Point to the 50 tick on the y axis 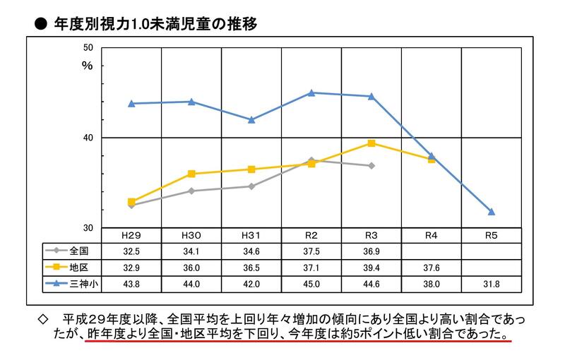click(x=88, y=48)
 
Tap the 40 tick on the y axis click(x=88, y=138)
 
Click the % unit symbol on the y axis click(x=88, y=65)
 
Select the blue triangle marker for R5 click(x=492, y=212)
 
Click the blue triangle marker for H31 click(x=251, y=119)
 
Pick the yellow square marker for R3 click(x=371, y=143)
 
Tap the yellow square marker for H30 click(x=191, y=174)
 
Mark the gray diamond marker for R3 click(x=371, y=165)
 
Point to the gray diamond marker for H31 click(x=251, y=186)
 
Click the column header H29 click(x=131, y=235)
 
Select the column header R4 click(x=432, y=235)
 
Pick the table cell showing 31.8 click(x=492, y=282)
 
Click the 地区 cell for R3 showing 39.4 click(x=371, y=266)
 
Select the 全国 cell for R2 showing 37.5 click(x=311, y=250)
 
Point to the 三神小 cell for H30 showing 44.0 click(x=191, y=282)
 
